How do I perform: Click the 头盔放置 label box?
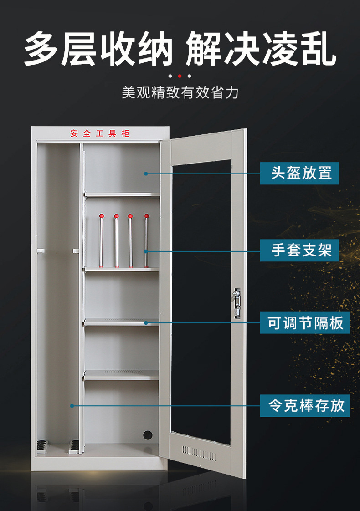299,173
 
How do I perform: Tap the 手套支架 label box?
299,250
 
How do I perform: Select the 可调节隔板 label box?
305,322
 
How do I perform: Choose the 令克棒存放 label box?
305,405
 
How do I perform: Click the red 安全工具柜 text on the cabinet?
100,133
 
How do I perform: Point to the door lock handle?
237,302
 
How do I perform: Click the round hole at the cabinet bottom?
147,435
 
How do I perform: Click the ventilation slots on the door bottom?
199,452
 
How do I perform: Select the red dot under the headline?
180,76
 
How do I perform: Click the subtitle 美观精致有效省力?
180,93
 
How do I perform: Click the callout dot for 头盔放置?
146,173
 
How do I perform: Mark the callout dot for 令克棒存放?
72,405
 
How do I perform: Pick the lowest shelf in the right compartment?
122,375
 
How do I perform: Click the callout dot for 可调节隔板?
146,322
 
